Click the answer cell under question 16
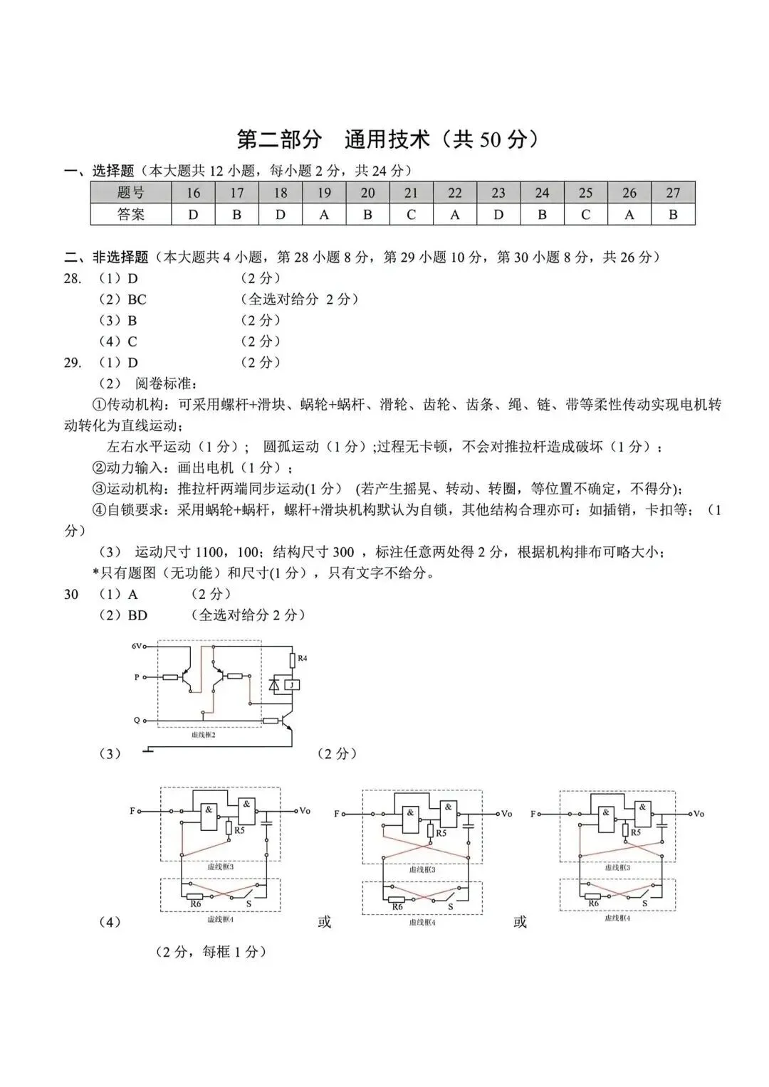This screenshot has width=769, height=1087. point(193,214)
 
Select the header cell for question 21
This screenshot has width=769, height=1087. point(411,193)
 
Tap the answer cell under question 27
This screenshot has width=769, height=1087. point(672,214)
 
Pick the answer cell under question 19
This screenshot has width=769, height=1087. point(324,214)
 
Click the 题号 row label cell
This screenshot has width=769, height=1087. point(131,193)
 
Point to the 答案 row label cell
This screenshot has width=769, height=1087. point(131,214)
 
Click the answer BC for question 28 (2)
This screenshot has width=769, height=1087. point(137,299)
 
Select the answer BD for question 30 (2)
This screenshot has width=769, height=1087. point(137,615)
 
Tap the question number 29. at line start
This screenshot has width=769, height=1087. point(73,363)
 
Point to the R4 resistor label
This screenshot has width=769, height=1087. point(302,659)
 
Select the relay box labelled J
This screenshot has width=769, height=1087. point(292,685)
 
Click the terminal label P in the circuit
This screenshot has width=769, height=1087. point(137,677)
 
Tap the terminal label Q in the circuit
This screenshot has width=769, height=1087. point(137,720)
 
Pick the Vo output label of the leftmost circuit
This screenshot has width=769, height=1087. point(305,811)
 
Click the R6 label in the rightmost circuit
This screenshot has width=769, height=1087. point(593,903)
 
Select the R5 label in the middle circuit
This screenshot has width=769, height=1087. point(441,833)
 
